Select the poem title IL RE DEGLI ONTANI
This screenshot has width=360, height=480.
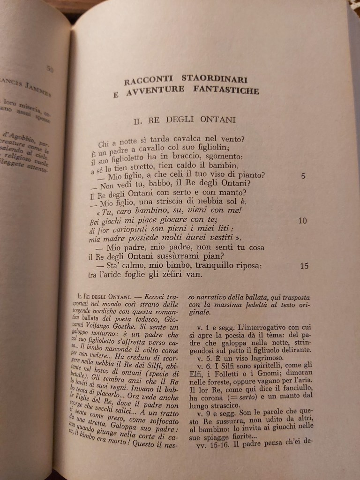tap(184, 120)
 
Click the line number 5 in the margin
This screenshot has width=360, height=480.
tap(303, 176)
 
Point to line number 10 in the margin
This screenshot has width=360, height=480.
tap(303, 220)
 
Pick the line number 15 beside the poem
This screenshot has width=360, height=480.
tap(304, 266)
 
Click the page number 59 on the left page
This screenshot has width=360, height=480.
tap(50, 69)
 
